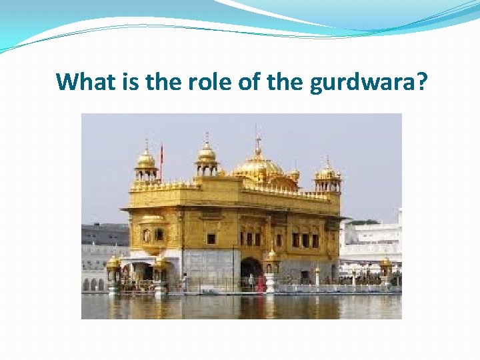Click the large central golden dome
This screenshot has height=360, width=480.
[x=257, y=167]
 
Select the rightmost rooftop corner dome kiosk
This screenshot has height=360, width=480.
[x=327, y=172]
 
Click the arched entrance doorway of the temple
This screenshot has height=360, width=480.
[x=251, y=273]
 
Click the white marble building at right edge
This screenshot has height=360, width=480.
[x=373, y=243]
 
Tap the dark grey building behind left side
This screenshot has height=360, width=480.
[x=105, y=235]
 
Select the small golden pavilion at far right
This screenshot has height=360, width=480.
[x=386, y=268]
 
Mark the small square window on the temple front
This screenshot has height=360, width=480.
[x=211, y=238]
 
